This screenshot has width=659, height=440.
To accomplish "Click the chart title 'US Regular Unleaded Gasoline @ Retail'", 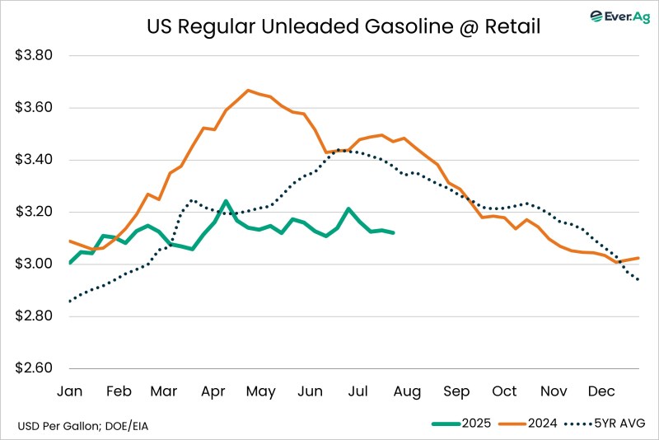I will point(344,27).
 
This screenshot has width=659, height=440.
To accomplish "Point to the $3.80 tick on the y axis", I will point(35,56).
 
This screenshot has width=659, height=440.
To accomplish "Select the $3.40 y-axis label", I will point(35,160).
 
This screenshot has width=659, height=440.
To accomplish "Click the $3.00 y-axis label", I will point(35,264).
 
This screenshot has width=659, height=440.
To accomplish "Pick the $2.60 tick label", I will point(35,368).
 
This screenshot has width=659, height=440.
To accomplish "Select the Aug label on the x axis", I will point(407,391).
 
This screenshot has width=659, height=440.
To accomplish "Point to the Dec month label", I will point(601,391).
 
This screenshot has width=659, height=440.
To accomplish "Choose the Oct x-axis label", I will point(504,391).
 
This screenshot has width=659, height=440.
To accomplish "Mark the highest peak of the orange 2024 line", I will point(247,91).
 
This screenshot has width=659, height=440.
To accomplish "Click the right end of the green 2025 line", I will point(394,233).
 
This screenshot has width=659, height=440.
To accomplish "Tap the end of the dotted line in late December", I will point(638,280).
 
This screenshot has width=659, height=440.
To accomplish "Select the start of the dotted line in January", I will point(69,301).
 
